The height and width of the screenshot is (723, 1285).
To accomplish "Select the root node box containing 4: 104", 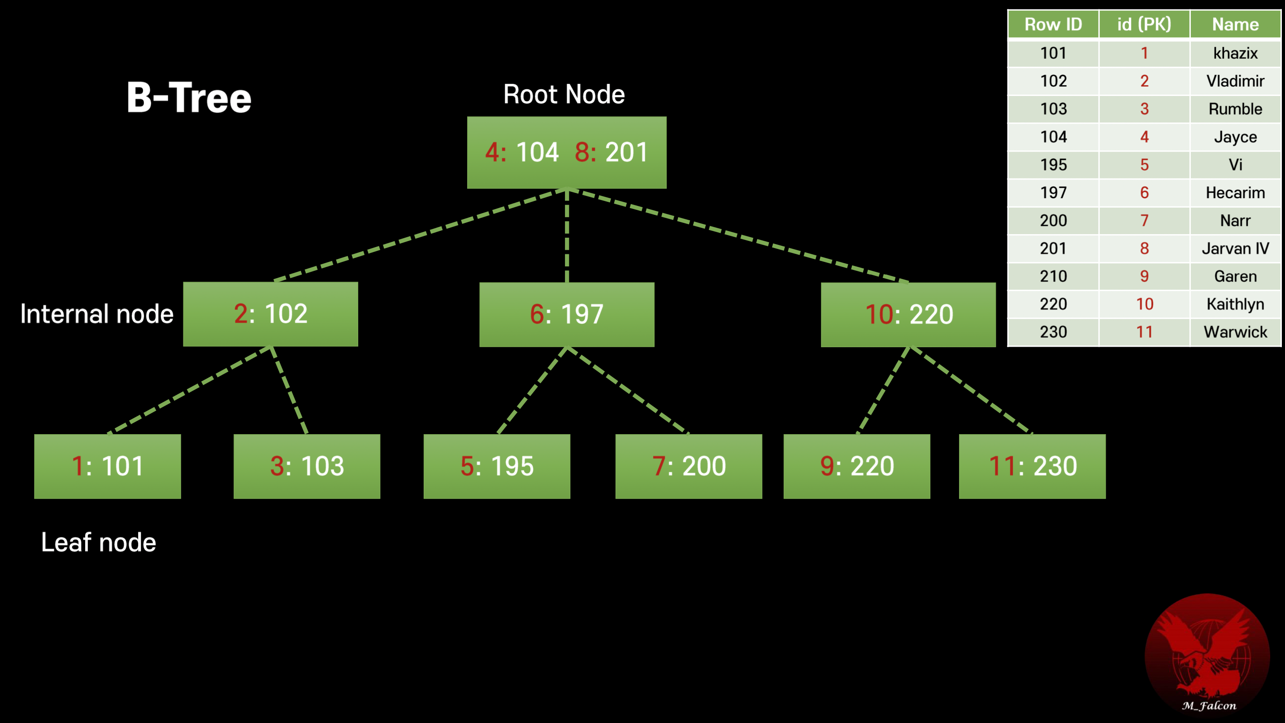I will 566,152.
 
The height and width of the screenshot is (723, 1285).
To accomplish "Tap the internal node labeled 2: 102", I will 270,314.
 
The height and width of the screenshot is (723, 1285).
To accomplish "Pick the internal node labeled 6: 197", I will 567,314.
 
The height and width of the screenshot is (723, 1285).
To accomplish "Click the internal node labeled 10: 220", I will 908,314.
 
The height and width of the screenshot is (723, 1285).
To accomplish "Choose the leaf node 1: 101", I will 107,466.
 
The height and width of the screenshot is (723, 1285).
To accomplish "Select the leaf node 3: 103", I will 307,466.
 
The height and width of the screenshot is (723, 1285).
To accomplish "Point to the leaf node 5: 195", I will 497,466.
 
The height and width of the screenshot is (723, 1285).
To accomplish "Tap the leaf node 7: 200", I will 688,466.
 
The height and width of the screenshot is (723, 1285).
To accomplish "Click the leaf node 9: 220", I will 856,466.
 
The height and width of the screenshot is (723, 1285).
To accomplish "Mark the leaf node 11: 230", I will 1032,466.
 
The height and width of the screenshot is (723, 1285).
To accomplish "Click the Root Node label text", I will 564,94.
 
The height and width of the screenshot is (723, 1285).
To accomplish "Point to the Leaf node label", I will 98,542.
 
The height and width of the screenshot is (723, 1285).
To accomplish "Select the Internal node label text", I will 97,314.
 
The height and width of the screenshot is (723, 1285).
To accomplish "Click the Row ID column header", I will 1053,24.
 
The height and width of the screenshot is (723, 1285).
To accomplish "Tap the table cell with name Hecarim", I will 1235,192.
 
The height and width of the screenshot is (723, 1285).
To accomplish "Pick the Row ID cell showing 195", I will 1053,165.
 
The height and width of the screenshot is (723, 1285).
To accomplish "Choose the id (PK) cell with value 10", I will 1144,304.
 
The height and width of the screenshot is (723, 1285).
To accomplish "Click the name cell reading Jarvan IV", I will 1235,248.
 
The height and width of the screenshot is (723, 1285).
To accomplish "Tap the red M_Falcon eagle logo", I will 1207,653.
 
